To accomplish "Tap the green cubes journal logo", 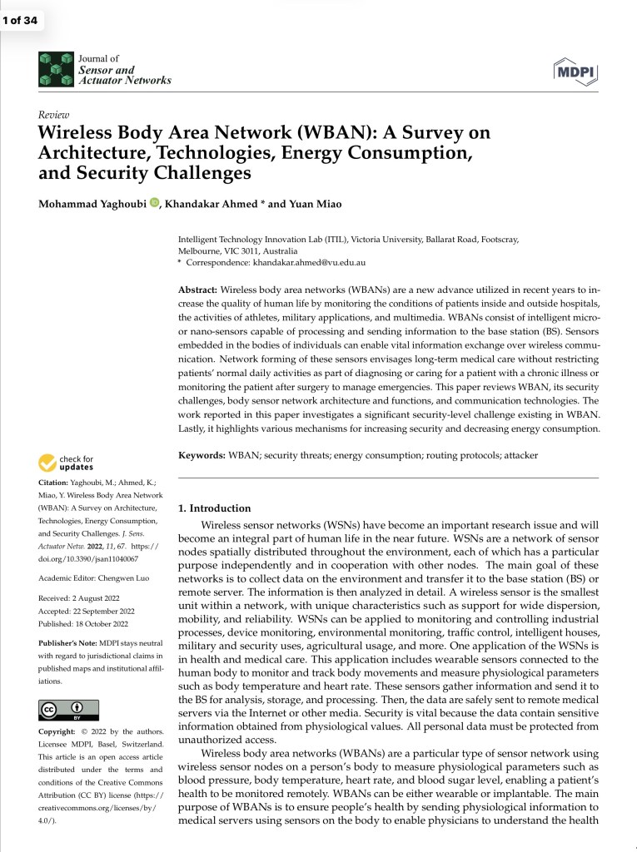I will click(x=56, y=70).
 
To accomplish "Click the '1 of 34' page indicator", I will click(x=22, y=20).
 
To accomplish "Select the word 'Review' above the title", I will click(x=53, y=115).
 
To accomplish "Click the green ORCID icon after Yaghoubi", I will click(x=154, y=202).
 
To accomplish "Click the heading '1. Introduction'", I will click(x=215, y=508).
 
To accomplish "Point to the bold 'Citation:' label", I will click(x=57, y=483).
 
